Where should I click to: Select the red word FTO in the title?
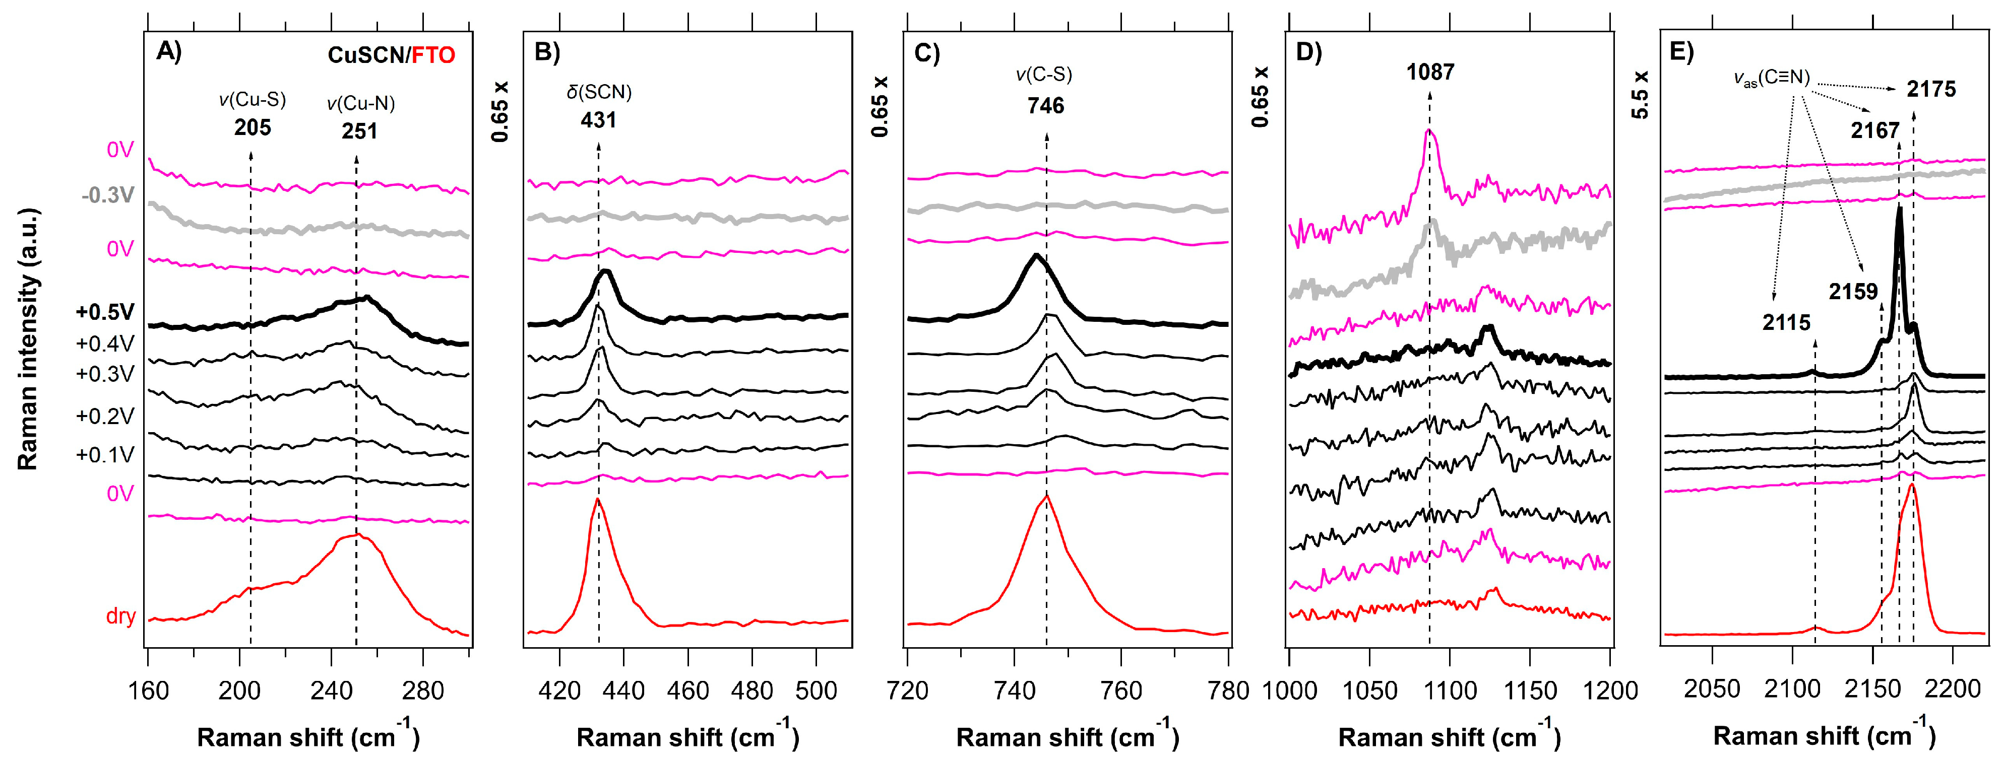(x=433, y=55)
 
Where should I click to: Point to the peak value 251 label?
(x=359, y=131)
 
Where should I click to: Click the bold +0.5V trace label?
(x=105, y=313)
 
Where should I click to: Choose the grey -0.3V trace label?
(x=107, y=195)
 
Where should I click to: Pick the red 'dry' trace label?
(x=120, y=616)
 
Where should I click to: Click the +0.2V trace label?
(x=105, y=417)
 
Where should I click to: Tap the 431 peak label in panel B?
(x=598, y=120)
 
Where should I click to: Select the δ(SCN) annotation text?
(x=598, y=92)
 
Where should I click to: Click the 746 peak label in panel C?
(x=1045, y=106)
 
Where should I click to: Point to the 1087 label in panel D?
(x=1430, y=73)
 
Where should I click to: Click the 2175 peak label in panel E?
(x=1931, y=90)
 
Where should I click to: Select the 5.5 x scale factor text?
(x=1640, y=94)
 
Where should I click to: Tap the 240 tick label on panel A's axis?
(x=332, y=691)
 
